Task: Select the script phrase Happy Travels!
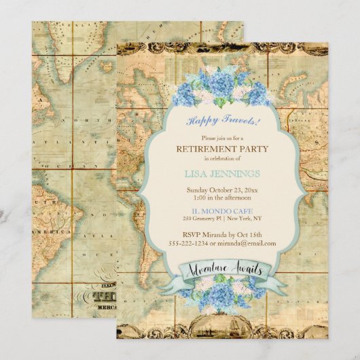(223, 120)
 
